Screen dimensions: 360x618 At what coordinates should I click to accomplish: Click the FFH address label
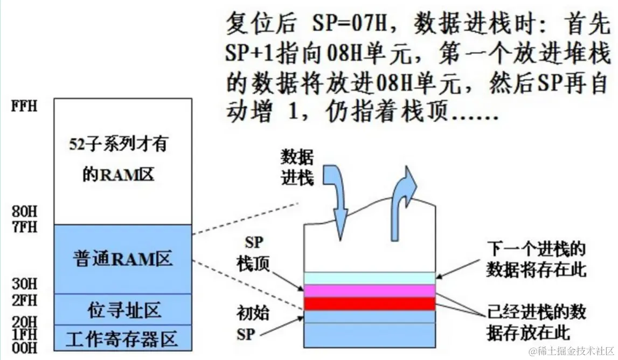[25, 106]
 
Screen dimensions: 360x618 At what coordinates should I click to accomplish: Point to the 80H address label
[25, 213]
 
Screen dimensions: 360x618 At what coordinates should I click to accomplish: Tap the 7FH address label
[25, 226]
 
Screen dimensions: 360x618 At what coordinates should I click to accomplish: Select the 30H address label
[25, 284]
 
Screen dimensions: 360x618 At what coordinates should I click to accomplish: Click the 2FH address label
[25, 297]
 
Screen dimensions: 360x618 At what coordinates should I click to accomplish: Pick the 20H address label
[25, 322]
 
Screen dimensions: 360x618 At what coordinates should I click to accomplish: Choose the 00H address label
[25, 348]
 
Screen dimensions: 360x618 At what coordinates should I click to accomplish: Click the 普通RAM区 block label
[123, 259]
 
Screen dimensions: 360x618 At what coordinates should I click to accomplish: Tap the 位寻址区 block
[123, 310]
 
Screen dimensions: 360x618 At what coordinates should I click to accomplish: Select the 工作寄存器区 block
[122, 339]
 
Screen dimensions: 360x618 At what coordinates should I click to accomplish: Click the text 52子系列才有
[123, 145]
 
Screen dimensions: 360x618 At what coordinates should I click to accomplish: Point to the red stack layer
[369, 304]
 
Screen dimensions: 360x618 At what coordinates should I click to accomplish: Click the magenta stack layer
[369, 291]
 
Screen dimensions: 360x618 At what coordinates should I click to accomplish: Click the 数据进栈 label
[297, 168]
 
